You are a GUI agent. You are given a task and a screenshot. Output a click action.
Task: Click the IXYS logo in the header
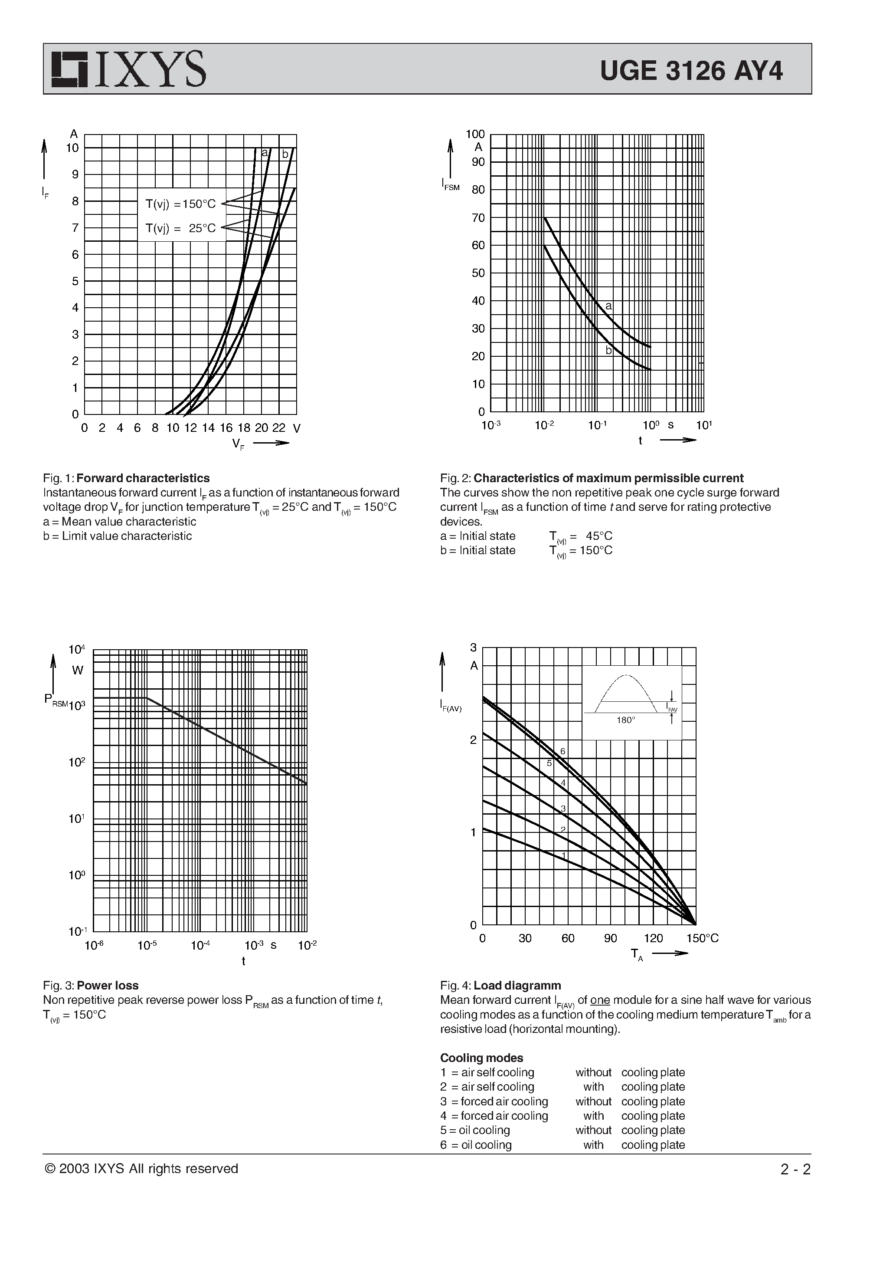[129, 69]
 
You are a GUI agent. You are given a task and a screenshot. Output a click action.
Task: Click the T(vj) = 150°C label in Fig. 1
[181, 204]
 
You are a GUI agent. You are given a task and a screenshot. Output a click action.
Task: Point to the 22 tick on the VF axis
[278, 428]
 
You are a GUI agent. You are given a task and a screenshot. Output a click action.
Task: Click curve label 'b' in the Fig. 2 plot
[608, 350]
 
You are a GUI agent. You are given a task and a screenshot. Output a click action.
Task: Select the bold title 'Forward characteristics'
[143, 478]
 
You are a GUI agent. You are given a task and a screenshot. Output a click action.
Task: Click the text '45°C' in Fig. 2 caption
[599, 536]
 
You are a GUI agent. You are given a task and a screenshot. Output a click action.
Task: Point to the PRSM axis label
[55, 700]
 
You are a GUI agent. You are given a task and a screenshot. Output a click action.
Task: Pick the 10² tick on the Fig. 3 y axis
[76, 762]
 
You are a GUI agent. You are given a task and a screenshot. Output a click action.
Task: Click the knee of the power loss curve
[147, 698]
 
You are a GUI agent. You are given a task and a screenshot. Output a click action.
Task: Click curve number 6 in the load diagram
[563, 751]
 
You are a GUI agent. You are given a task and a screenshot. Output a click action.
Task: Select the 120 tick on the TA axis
[653, 938]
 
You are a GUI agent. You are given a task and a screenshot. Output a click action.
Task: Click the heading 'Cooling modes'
[481, 1058]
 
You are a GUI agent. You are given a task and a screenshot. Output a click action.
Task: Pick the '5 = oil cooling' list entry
[475, 1130]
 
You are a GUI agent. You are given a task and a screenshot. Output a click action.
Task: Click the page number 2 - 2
[795, 1170]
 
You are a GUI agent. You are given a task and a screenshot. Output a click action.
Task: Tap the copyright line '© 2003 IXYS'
[141, 1169]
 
